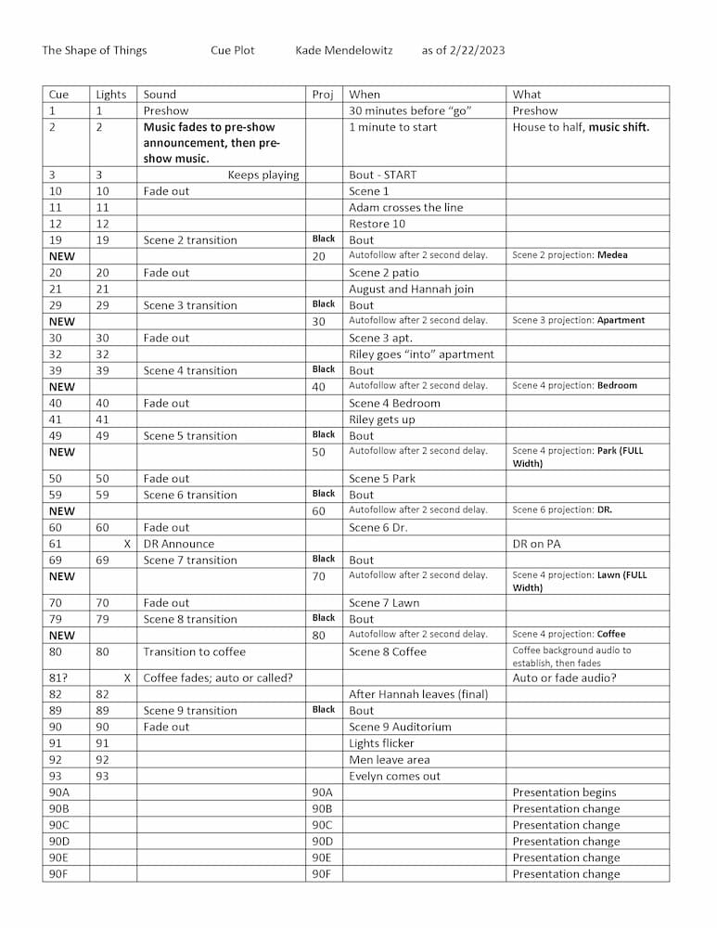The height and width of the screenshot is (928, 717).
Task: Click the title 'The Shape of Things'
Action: pos(94,50)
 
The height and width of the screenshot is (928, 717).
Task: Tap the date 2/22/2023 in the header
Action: pos(475,50)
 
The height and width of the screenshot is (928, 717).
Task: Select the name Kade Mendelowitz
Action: pos(343,50)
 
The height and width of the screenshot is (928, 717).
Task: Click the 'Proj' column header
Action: pos(322,95)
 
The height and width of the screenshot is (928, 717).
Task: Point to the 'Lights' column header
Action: pos(111,95)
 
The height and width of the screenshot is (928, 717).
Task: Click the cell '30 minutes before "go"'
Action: pos(410,110)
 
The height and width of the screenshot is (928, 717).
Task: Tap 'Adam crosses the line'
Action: pos(405,208)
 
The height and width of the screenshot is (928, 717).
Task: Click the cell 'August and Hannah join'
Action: pos(411,290)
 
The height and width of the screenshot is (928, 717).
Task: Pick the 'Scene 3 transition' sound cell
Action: pos(190,305)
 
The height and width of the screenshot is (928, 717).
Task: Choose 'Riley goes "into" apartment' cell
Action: pos(421,354)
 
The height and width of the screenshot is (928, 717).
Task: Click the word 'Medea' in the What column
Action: pos(612,255)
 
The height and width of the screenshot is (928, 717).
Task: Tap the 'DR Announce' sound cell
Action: pos(178,544)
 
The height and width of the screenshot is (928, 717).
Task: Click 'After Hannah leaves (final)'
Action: pos(417,694)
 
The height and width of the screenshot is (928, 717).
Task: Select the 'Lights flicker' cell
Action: pos(381,743)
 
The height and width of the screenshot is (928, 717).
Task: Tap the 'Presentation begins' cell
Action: pos(564,793)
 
